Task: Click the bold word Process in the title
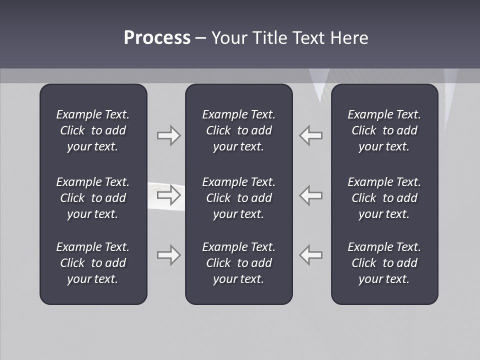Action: (x=157, y=38)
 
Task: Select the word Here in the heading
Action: (x=349, y=38)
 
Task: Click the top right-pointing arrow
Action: (x=168, y=135)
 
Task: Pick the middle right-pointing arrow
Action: (x=168, y=194)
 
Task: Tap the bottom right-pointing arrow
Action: (x=168, y=254)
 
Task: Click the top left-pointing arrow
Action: (x=311, y=135)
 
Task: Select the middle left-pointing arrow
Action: (x=311, y=194)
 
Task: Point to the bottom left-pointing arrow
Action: (x=311, y=254)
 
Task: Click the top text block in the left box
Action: (x=93, y=130)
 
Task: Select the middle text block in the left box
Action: (x=93, y=198)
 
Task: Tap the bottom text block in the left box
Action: (x=93, y=263)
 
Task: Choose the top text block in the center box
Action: (x=238, y=130)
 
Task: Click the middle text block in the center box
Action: (x=238, y=198)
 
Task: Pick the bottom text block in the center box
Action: (x=238, y=263)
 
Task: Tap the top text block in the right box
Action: (x=384, y=130)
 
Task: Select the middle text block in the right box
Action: (x=384, y=198)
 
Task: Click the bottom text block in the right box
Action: (x=384, y=263)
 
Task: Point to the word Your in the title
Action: (x=229, y=38)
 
